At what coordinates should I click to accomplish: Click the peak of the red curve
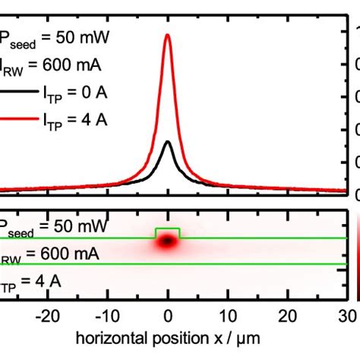tap(167, 35)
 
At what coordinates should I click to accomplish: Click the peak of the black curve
tap(168, 141)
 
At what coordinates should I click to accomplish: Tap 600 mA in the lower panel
tap(68, 254)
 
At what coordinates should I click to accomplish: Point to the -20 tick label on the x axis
tap(47, 315)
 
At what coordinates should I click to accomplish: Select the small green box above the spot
tap(168, 232)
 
